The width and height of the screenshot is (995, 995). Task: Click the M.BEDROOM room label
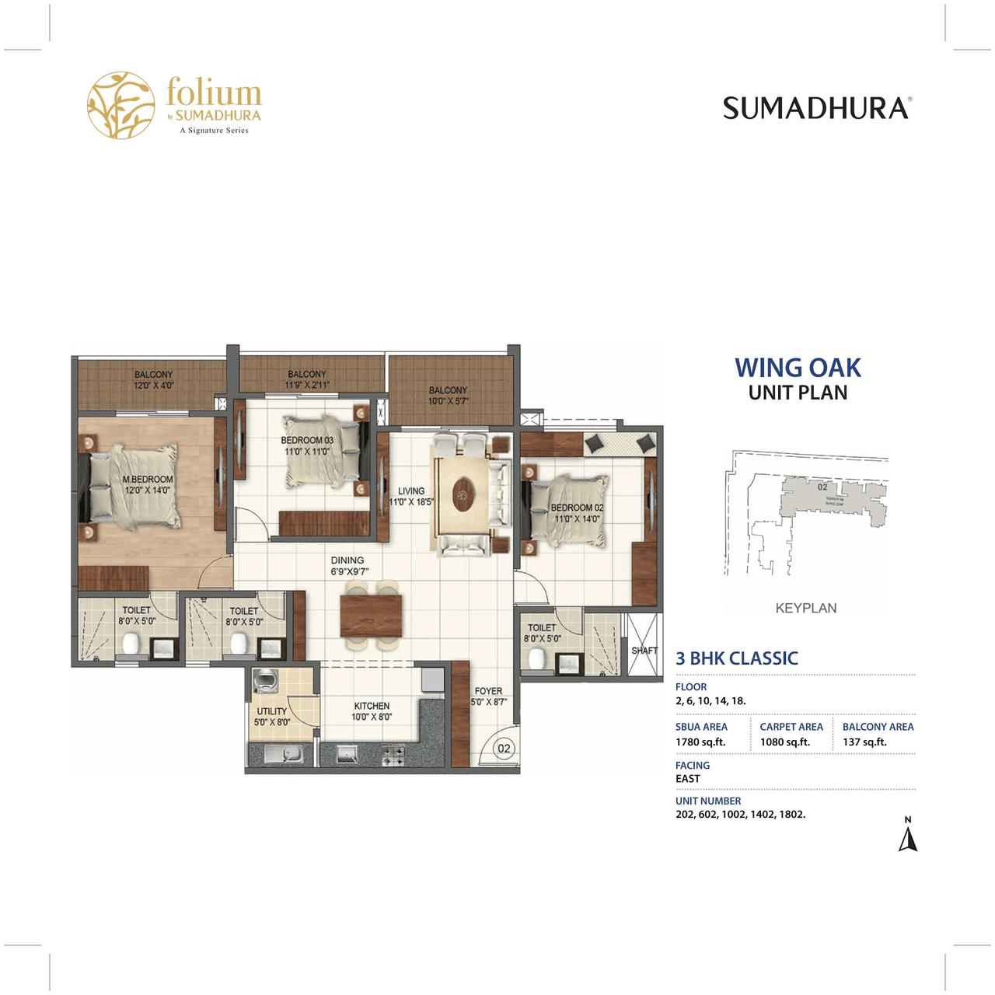148,480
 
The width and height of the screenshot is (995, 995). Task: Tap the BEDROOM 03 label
307,441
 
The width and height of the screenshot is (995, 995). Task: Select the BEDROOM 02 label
577,508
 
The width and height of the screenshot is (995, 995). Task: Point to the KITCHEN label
372,706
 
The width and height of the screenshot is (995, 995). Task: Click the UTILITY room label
272,711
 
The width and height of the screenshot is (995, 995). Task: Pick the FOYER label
488,691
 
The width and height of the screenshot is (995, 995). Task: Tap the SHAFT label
644,651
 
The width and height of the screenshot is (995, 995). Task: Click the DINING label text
347,560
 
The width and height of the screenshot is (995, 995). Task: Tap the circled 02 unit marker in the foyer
504,749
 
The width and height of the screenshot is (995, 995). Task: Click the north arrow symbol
908,838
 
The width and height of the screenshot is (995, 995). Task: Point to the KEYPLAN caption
806,608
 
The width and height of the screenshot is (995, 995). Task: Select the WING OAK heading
798,368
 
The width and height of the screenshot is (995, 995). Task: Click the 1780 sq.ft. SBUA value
700,742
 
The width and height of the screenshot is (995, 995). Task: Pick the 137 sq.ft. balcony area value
864,742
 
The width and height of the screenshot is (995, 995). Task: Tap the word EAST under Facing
688,779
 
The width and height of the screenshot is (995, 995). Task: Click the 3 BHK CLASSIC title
737,658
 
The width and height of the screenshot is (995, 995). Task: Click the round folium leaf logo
121,106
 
